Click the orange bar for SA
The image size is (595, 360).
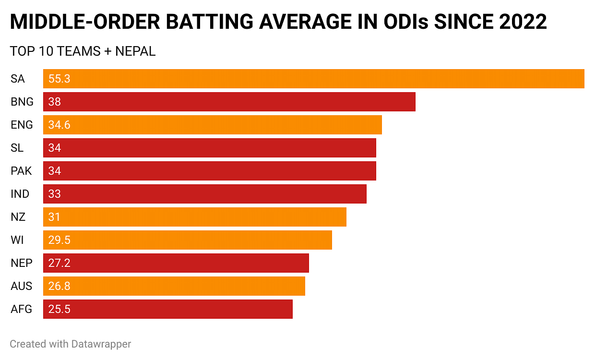click(314, 79)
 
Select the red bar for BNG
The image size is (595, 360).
click(229, 102)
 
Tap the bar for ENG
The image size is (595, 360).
click(213, 125)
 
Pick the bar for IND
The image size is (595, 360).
click(205, 194)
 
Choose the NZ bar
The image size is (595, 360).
click(195, 217)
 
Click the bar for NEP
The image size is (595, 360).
click(176, 263)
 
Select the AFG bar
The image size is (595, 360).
click(168, 309)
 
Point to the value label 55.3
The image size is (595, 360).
click(59, 79)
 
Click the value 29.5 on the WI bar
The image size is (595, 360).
click(59, 240)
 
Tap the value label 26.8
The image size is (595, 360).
click(59, 286)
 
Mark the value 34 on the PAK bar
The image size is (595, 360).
click(55, 171)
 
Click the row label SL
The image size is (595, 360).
click(17, 148)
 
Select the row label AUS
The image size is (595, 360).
click(22, 286)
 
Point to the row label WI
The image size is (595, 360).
click(17, 240)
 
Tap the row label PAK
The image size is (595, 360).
click(22, 171)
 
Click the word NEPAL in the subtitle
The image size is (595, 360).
click(136, 51)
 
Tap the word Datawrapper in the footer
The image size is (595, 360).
click(101, 344)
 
